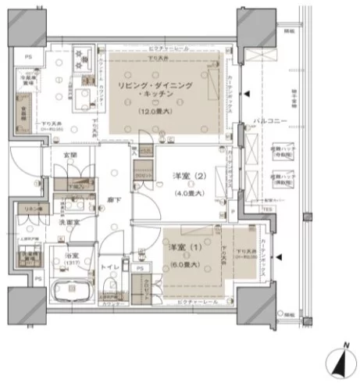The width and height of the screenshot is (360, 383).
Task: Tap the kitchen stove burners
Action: tap(83, 55)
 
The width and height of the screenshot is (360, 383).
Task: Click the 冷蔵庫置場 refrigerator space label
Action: tap(28, 81)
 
